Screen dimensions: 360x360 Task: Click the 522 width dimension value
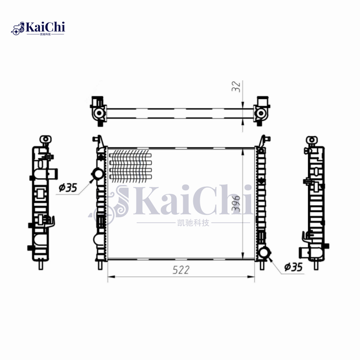[180, 270]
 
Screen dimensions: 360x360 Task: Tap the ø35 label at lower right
[293, 267]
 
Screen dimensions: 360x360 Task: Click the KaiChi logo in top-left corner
[38, 28]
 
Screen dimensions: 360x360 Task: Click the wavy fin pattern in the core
[130, 165]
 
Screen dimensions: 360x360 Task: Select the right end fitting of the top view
[261, 110]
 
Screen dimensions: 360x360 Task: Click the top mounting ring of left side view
[45, 139]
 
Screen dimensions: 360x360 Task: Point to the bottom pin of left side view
[41, 265]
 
